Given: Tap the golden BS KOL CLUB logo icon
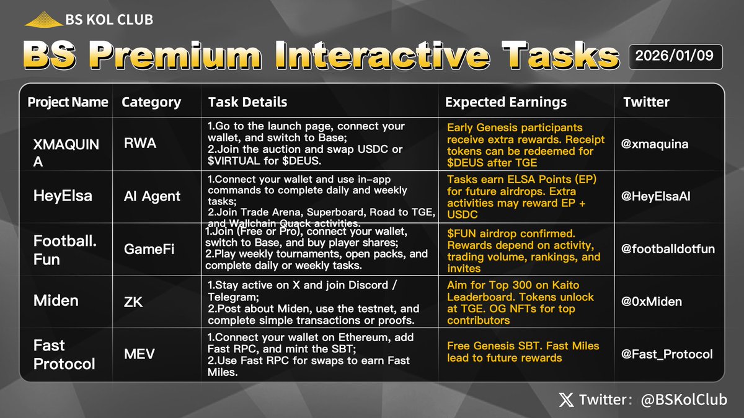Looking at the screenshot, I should click(43, 20).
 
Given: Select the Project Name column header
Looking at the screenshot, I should click(68, 102).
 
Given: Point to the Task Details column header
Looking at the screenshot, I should click(247, 102).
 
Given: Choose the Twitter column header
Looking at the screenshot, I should click(646, 102).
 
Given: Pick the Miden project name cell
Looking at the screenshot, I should click(56, 301).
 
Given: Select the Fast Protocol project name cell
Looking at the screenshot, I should click(64, 354).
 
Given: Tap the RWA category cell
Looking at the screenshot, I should click(139, 144).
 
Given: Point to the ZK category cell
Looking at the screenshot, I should click(133, 301).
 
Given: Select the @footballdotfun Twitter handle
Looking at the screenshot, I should click(669, 249).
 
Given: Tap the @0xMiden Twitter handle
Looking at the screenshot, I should click(653, 302).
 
